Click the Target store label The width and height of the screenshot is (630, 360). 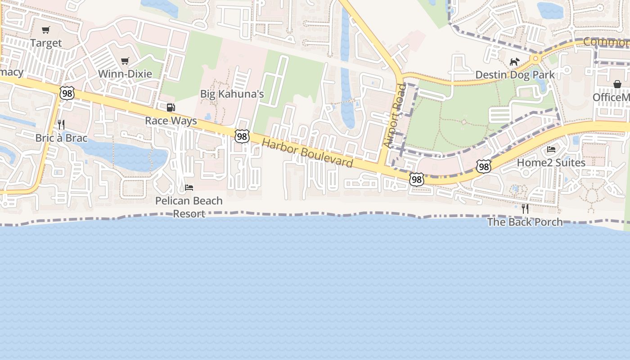(x=46, y=43)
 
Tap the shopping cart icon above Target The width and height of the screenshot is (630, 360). (x=45, y=30)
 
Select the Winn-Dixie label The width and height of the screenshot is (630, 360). (x=125, y=74)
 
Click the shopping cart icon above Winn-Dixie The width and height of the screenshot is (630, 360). (x=125, y=61)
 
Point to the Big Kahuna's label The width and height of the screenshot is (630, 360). (x=232, y=94)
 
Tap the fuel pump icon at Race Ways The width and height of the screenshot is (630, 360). (x=171, y=108)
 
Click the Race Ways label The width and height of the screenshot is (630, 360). (x=171, y=121)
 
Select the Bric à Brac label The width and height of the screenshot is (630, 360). (x=61, y=138)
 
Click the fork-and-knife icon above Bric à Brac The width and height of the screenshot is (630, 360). (x=61, y=125)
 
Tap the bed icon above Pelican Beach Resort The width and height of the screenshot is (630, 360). (x=189, y=187)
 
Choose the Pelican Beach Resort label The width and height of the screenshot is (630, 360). (x=189, y=207)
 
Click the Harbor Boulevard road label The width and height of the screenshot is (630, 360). (x=307, y=153)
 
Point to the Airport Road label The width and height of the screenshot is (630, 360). (x=395, y=116)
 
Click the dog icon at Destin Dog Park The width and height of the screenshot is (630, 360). (x=515, y=62)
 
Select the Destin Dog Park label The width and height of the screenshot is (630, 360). (x=515, y=75)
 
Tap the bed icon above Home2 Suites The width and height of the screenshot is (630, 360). (x=551, y=149)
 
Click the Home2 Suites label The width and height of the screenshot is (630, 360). (x=551, y=162)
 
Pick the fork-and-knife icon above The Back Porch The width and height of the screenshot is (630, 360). (x=525, y=209)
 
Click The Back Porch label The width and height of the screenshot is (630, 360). (x=525, y=222)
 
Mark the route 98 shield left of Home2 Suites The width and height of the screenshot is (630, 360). (x=484, y=167)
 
